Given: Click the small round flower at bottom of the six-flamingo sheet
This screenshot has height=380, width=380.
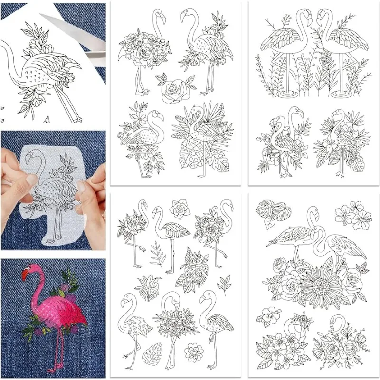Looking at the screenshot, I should click(x=192, y=351).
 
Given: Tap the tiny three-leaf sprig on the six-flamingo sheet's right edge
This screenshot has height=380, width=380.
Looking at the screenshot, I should click(x=224, y=285).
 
